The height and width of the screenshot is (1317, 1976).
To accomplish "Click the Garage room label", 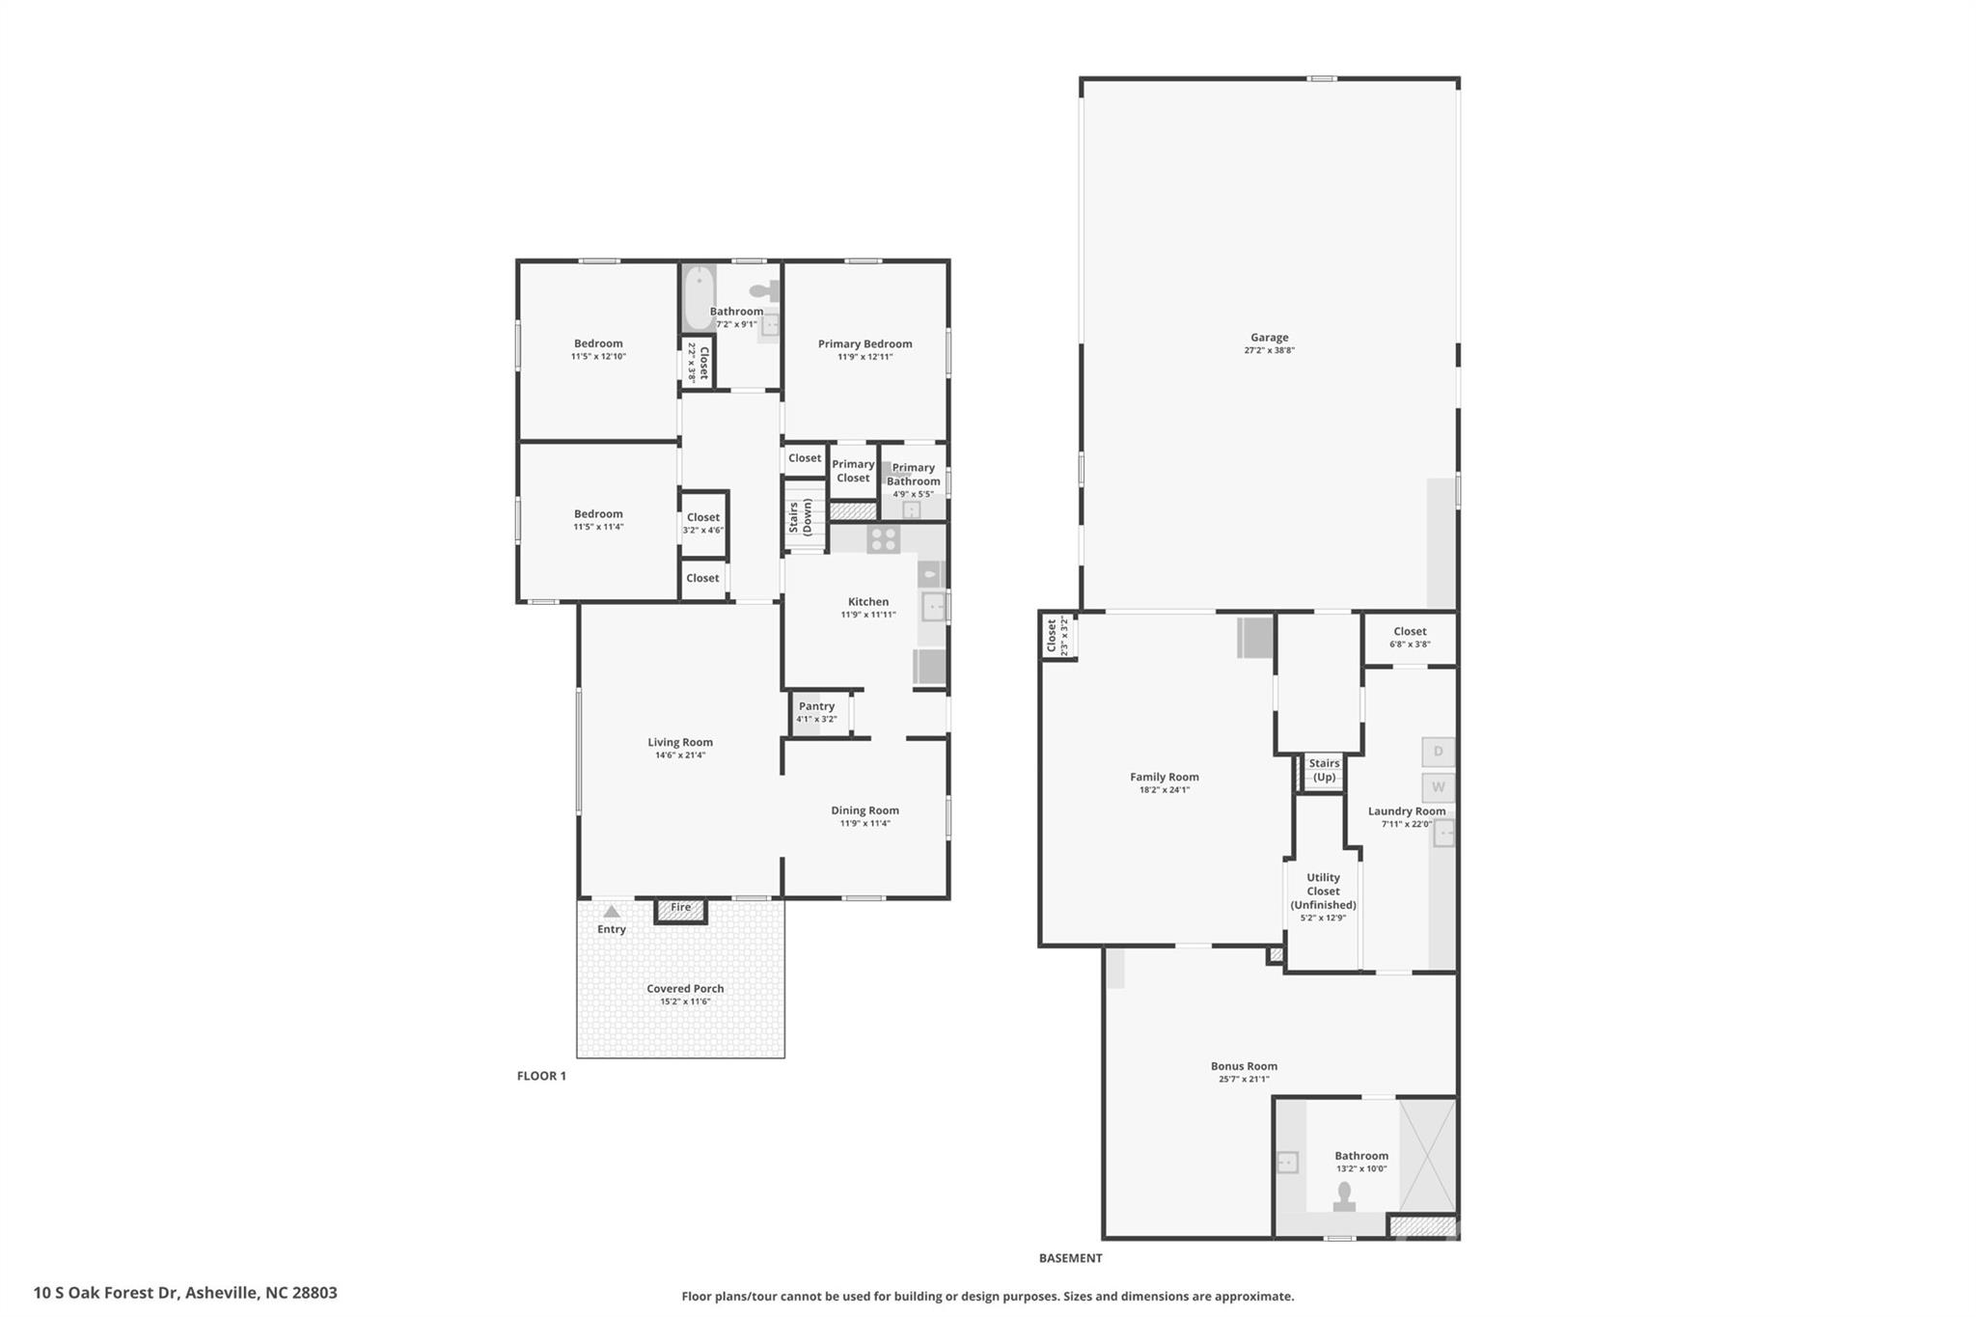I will (x=1269, y=338).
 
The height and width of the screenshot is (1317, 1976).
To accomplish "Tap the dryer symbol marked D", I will (x=1438, y=752).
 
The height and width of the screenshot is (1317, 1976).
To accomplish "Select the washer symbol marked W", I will (x=1438, y=787).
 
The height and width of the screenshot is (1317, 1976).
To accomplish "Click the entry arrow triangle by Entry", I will (x=611, y=911).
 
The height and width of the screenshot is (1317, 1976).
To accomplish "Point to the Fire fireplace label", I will (x=680, y=908).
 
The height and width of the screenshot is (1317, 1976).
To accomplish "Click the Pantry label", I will (x=816, y=706).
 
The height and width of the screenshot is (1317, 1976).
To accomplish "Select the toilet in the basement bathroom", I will (x=1344, y=1195).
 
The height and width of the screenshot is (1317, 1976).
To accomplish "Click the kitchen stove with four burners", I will (x=883, y=539).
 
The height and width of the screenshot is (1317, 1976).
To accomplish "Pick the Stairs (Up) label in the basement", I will (x=1324, y=770).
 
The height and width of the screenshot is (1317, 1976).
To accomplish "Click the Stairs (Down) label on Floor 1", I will (x=800, y=518).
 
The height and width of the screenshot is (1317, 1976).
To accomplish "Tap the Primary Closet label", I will (x=853, y=471).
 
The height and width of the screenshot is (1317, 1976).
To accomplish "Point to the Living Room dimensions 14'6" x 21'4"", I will (x=680, y=755).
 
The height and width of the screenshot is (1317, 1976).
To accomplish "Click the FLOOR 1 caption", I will (x=541, y=1076).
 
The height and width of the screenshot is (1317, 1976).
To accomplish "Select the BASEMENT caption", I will (x=1070, y=1258).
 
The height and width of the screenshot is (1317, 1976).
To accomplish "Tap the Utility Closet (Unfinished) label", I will (x=1323, y=892).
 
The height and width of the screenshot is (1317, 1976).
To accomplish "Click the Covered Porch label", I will (x=685, y=989).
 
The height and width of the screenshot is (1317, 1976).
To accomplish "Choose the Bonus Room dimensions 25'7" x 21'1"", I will (x=1244, y=1080).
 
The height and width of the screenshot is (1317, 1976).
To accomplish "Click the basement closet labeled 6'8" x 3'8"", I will (x=1410, y=638).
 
